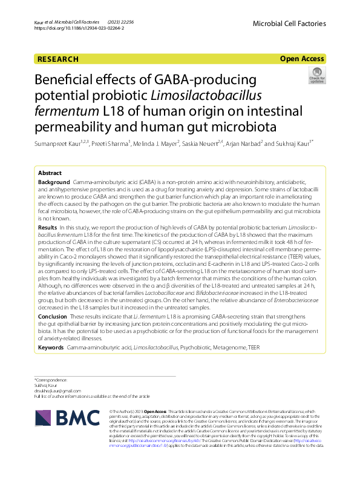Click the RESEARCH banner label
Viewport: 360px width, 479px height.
(58, 59)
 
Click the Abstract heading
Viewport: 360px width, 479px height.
(52, 172)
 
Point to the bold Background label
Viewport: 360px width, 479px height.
(54, 182)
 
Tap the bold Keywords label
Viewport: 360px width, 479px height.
(51, 348)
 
